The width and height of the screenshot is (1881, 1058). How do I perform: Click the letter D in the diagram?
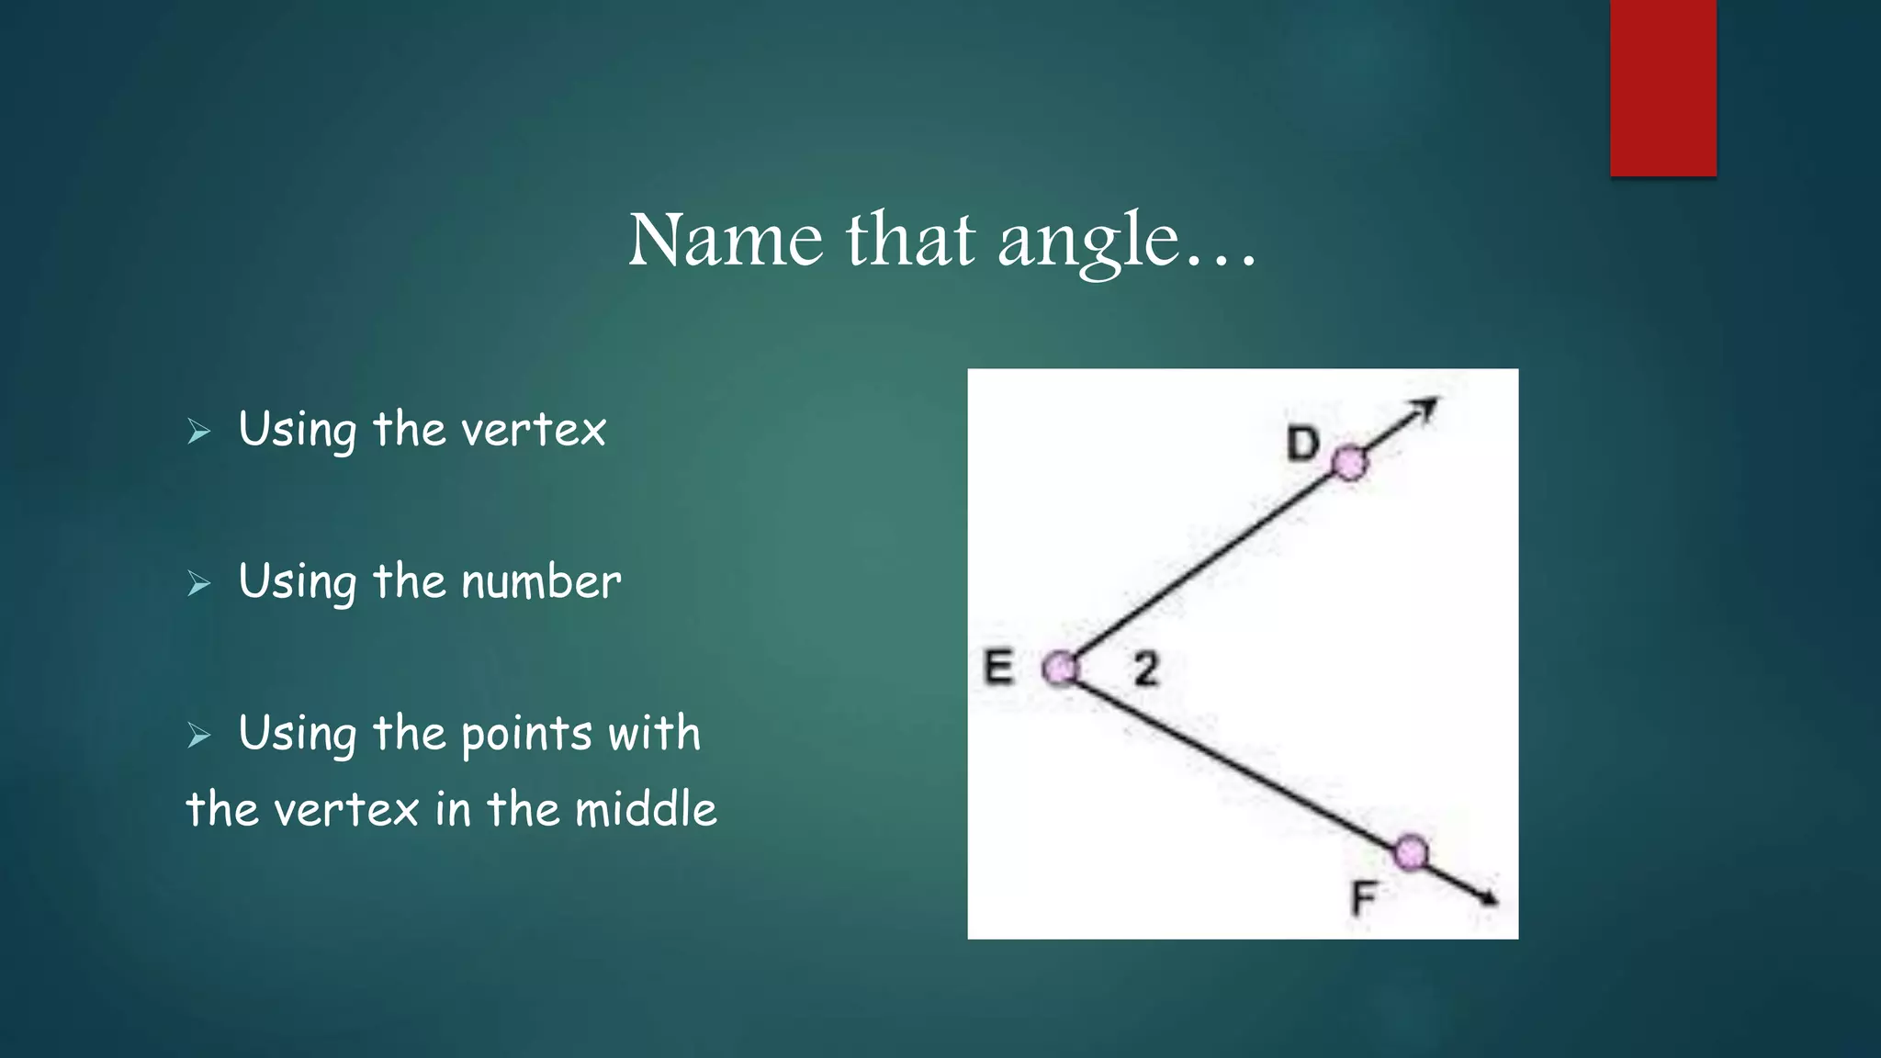point(1302,445)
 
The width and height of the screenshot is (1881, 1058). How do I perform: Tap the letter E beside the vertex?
point(998,667)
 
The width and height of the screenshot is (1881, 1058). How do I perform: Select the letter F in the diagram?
point(1365,897)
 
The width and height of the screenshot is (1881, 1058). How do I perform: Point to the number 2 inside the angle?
point(1145,669)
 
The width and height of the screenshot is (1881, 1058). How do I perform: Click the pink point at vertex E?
point(1061,669)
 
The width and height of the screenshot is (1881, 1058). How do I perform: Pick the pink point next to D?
point(1349,463)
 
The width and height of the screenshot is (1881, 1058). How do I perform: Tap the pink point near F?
point(1411,852)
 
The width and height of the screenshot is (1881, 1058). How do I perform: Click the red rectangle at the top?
point(1662,87)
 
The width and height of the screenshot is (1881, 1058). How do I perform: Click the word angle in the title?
point(1087,242)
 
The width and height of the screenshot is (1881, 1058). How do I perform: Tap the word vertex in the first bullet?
point(534,430)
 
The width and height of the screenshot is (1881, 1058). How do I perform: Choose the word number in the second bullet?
point(541,582)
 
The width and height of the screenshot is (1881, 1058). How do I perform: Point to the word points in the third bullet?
point(526,735)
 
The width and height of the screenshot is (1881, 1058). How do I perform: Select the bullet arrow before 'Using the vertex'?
point(198,431)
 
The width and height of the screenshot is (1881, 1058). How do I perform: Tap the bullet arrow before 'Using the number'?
point(198,583)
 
